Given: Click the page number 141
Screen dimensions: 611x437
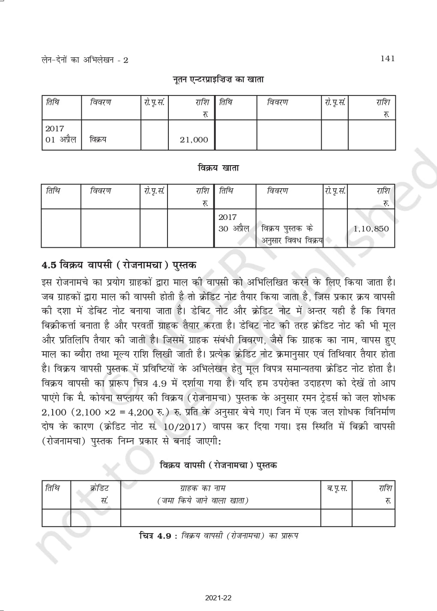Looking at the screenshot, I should pyautogui.click(x=387, y=59).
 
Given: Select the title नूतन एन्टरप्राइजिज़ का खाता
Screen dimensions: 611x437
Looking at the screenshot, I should pyautogui.click(x=218, y=79).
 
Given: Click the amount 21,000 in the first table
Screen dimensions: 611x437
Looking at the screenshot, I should pyautogui.click(x=194, y=139).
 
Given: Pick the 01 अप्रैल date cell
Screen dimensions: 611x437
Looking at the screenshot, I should pyautogui.click(x=61, y=139).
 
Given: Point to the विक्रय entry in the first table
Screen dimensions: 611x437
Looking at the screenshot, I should pyautogui.click(x=98, y=139).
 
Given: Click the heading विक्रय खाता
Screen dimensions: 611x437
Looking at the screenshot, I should pyautogui.click(x=218, y=168).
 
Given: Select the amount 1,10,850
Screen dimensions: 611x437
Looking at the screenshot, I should pyautogui.click(x=371, y=228).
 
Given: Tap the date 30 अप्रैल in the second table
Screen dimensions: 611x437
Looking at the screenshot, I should pyautogui.click(x=234, y=228).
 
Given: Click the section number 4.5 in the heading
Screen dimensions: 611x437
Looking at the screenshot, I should pyautogui.click(x=49, y=265).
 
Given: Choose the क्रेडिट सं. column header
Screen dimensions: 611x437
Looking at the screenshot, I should pyautogui.click(x=100, y=494).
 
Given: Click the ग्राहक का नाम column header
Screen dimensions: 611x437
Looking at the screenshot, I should pyautogui.click(x=203, y=488).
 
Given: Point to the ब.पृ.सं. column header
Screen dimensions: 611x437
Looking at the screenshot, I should pyautogui.click(x=337, y=488).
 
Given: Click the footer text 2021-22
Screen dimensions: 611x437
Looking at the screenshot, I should pyautogui.click(x=218, y=598).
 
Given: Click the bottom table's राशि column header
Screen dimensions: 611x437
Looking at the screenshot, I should pyautogui.click(x=385, y=488).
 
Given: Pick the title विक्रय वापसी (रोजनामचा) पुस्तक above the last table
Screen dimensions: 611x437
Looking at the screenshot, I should pyautogui.click(x=218, y=465).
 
